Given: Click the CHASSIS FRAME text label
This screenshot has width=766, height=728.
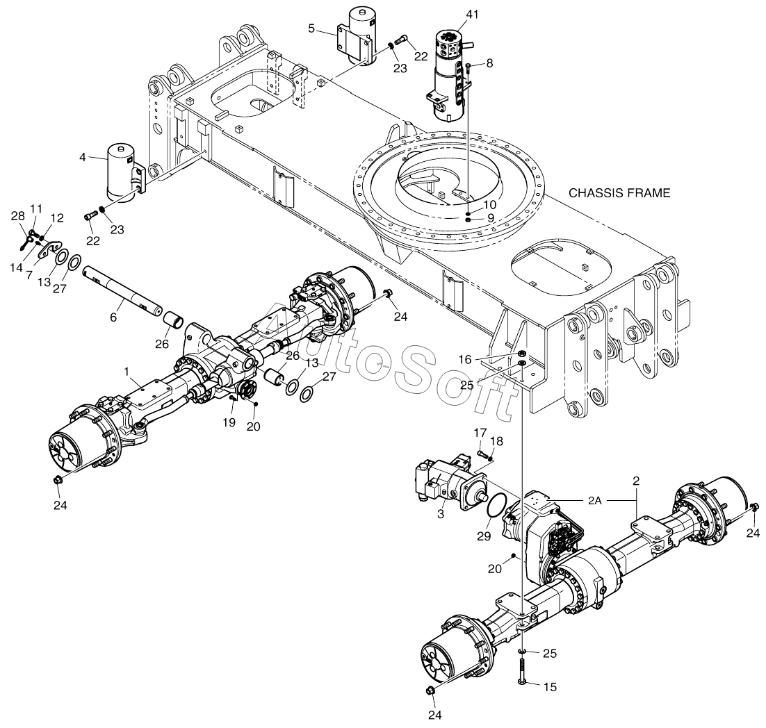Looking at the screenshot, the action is (x=619, y=193).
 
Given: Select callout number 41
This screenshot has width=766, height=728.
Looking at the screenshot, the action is (x=472, y=15).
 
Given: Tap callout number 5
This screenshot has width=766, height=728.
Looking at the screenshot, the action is (x=311, y=28).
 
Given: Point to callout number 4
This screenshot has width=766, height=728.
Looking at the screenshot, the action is (x=83, y=157).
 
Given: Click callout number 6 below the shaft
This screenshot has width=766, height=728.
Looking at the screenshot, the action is (x=113, y=317).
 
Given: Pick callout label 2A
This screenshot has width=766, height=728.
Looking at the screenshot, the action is (x=594, y=500).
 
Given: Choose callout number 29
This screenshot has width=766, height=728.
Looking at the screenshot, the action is (x=484, y=536).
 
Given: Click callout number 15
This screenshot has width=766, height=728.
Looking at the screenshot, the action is (x=550, y=687).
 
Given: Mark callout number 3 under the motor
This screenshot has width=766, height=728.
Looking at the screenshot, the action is (x=441, y=514).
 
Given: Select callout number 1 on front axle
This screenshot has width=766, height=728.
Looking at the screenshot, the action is (x=127, y=372).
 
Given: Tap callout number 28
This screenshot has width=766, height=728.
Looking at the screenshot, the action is (x=17, y=216).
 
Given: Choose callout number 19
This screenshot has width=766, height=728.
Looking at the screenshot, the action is (x=229, y=422).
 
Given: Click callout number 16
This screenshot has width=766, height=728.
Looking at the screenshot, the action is (x=465, y=360).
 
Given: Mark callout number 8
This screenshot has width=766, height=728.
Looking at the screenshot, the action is (x=489, y=63).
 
